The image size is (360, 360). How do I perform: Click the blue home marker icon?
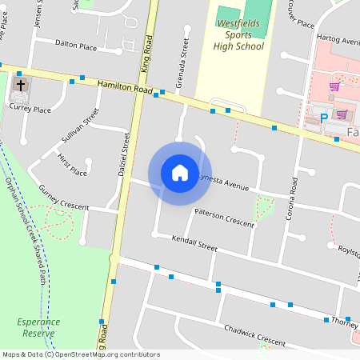pos(180,172)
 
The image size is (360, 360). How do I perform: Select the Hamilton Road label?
pos(124,87)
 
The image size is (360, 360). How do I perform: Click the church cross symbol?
pos(20,84)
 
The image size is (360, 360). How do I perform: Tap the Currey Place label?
pos(30,110)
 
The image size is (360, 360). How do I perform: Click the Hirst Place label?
pos(73,166)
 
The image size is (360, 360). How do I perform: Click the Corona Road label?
pos(294,198)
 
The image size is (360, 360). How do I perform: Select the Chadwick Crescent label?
pos(254,335)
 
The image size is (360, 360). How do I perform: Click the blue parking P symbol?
pos(324,118)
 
